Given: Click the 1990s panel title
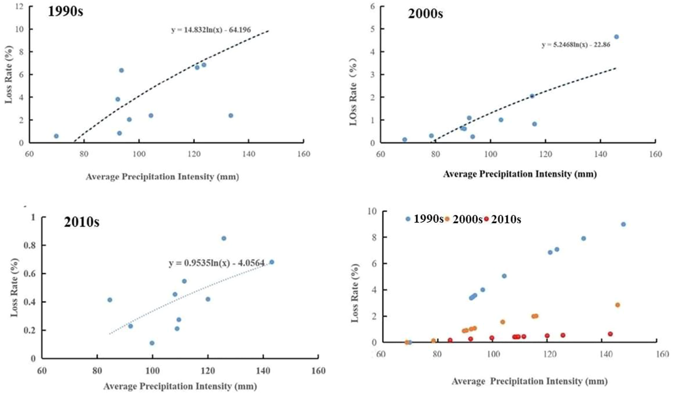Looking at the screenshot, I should (x=65, y=11).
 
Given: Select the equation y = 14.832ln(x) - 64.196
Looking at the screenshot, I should (x=211, y=30).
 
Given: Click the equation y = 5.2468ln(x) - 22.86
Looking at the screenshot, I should (x=576, y=45).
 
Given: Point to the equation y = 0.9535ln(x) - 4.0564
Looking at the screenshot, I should (x=216, y=263).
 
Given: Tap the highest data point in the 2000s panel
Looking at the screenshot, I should (x=616, y=37).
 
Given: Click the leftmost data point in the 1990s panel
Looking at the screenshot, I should (x=56, y=136).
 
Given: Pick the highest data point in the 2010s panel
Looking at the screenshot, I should (x=224, y=238).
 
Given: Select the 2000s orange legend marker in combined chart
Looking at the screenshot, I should (x=447, y=219).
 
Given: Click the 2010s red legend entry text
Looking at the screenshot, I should (x=506, y=220).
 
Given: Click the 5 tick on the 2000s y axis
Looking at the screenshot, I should (x=373, y=29).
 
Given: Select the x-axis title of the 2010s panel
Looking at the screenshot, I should (x=180, y=386).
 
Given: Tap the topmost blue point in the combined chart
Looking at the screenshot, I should (x=623, y=225).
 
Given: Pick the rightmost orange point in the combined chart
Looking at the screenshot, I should (x=618, y=305).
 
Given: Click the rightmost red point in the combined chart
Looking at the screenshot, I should (x=610, y=334).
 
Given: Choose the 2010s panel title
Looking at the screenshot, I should (x=82, y=222).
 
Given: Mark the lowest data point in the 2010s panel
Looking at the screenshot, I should (x=152, y=343).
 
